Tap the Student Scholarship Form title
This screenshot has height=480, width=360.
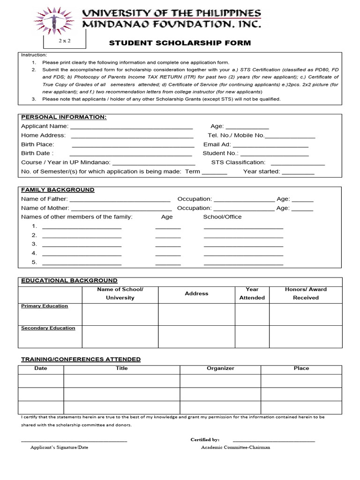click(180, 43)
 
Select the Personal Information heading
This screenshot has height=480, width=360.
click(64, 117)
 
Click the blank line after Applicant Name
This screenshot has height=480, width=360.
click(131, 127)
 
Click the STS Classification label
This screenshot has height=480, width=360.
click(238, 163)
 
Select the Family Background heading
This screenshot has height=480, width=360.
click(58, 190)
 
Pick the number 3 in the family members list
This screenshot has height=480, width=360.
click(34, 244)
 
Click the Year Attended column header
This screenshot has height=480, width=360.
click(252, 293)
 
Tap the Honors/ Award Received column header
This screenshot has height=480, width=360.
click(306, 293)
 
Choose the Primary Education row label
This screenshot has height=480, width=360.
click(45, 306)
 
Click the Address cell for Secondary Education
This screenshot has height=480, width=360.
click(196, 336)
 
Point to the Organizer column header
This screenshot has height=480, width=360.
click(220, 368)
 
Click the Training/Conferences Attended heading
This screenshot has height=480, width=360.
click(81, 360)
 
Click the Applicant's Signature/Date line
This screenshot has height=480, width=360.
click(74, 441)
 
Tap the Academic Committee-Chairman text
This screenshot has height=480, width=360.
click(235, 447)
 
